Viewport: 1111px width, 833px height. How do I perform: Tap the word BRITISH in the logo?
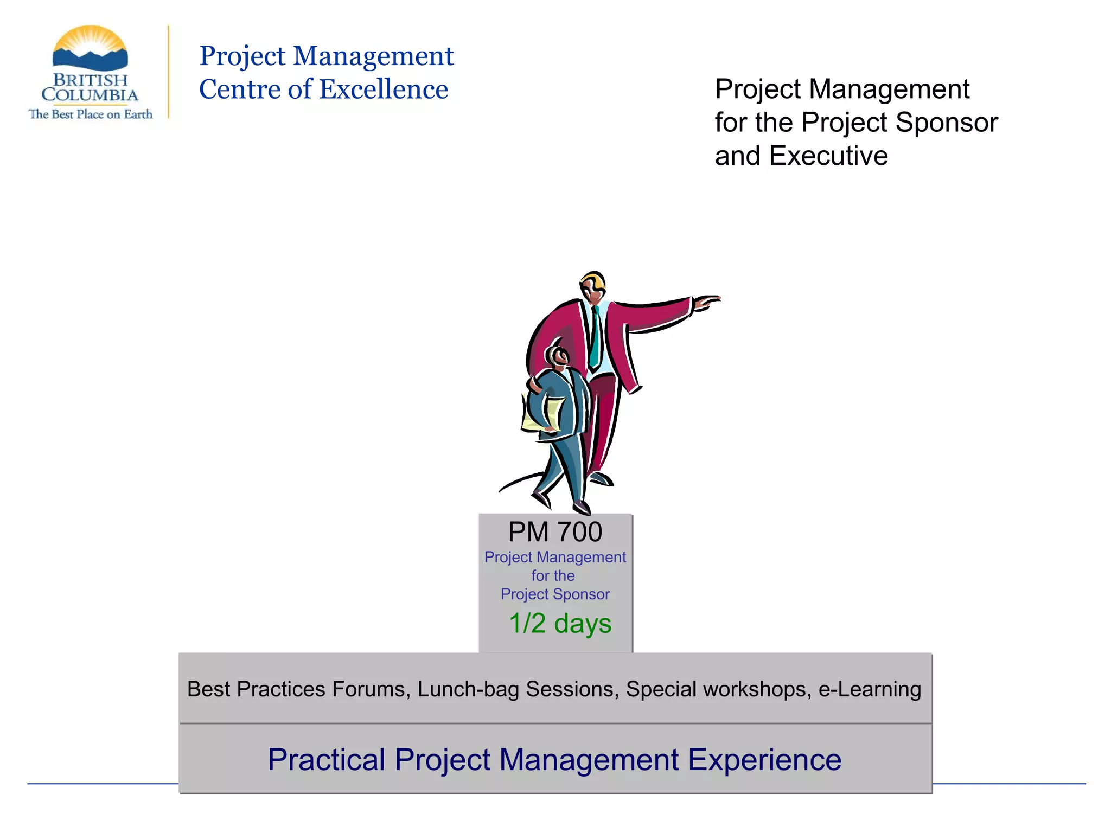tap(90, 80)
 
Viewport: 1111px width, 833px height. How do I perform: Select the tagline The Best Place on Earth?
tap(90, 114)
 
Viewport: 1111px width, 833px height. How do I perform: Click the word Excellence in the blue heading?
tap(384, 89)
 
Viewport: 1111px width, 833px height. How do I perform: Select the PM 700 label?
tap(555, 532)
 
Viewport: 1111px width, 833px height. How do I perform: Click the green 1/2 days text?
tap(560, 623)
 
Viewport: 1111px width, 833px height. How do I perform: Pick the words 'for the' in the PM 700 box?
tap(553, 575)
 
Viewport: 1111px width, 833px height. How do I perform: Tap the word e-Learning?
tap(870, 689)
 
